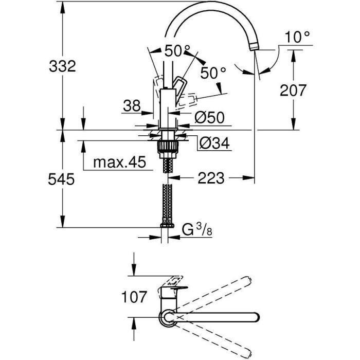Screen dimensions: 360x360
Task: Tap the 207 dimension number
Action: (x=293, y=91)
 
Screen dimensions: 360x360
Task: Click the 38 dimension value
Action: (x=132, y=106)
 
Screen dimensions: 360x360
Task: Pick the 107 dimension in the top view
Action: (x=133, y=297)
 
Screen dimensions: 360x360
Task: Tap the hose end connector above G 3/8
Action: (x=167, y=224)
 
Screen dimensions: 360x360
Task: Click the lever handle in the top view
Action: (x=174, y=282)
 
